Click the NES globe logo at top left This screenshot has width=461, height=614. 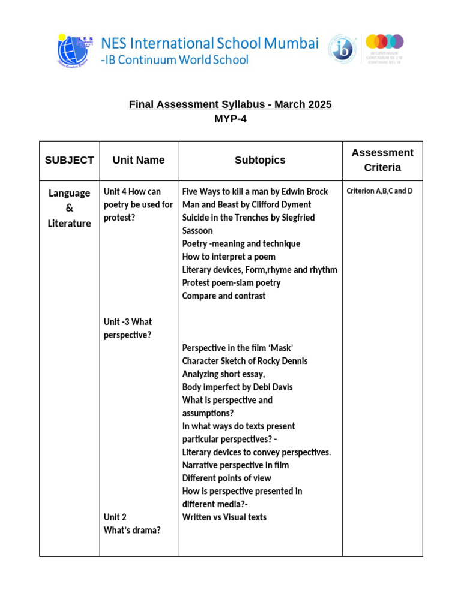(x=76, y=50)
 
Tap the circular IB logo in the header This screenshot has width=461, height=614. (x=343, y=49)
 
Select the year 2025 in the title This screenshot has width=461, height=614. (x=319, y=104)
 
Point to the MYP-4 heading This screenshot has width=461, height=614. (x=230, y=119)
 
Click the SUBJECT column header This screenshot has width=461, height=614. (x=69, y=160)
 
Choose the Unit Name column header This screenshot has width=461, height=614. (x=139, y=160)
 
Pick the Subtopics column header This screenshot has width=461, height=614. (x=260, y=160)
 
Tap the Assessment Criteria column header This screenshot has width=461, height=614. (x=382, y=160)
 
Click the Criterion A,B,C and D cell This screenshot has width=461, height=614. (x=379, y=191)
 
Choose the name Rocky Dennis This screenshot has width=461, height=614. (x=282, y=361)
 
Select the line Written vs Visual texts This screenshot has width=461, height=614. (x=224, y=517)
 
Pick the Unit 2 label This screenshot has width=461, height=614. (x=115, y=517)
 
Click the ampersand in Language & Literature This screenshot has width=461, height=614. (x=69, y=209)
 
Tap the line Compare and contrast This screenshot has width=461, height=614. (x=224, y=296)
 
